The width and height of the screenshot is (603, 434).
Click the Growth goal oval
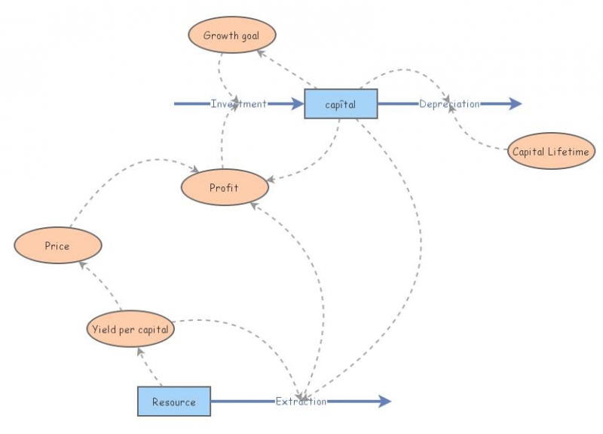tap(231, 36)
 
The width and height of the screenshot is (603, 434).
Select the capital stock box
tap(340, 104)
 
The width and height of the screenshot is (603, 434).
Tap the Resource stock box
tap(173, 402)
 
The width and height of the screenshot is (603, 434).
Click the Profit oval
tap(224, 187)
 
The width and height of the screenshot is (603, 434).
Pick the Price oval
tap(57, 245)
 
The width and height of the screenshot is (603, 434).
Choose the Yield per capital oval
tap(130, 329)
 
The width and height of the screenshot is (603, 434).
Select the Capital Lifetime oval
tap(551, 152)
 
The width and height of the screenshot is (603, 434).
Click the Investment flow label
tap(238, 104)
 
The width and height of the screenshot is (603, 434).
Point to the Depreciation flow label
tap(449, 104)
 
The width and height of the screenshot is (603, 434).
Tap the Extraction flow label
tap(301, 402)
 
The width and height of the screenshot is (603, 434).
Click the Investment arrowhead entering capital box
tap(295, 104)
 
